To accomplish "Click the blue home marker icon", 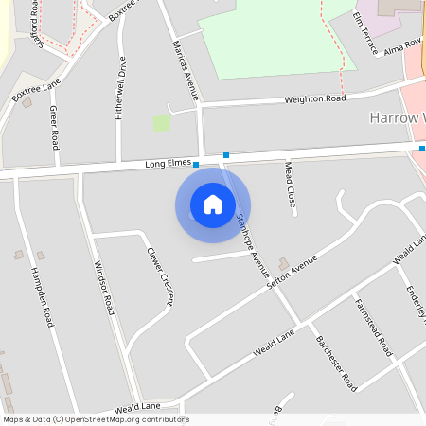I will click(213, 204).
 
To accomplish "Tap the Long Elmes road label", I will click(168, 164).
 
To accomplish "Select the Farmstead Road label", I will click(373, 327).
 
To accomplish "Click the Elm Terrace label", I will click(364, 32).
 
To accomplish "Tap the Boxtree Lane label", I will click(36, 91).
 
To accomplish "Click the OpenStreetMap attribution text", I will click(95, 419).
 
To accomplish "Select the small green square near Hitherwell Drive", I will click(162, 123).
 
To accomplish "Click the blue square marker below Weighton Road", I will click(226, 154).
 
